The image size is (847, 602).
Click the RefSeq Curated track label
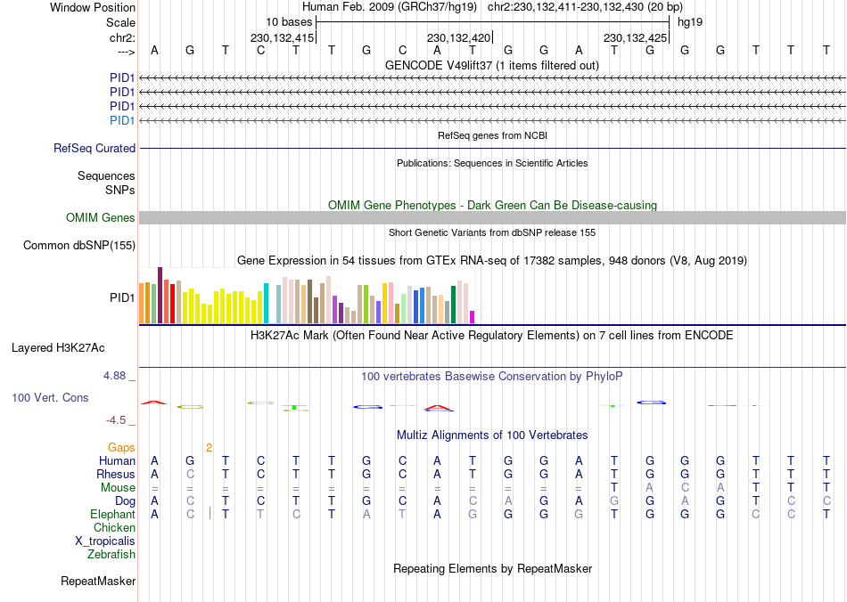coord(95,149)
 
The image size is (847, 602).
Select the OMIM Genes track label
coord(101,218)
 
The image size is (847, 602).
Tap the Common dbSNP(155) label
coord(79,245)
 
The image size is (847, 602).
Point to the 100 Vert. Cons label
coord(50,397)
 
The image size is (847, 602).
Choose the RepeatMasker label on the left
coord(98,582)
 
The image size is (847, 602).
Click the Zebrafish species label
coord(111,555)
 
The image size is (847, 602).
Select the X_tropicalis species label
coord(105,541)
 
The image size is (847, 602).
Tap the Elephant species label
coord(112,515)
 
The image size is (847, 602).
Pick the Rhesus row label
coord(116,475)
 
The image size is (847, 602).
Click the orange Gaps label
coord(121,447)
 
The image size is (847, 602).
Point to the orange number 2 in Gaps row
coord(209,447)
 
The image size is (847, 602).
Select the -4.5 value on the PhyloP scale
coord(118,420)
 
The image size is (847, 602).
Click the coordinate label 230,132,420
coord(458,38)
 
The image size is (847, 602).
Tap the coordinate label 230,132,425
coord(635,38)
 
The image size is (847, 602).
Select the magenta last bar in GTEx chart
coord(472,316)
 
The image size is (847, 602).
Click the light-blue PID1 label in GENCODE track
coord(122,120)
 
